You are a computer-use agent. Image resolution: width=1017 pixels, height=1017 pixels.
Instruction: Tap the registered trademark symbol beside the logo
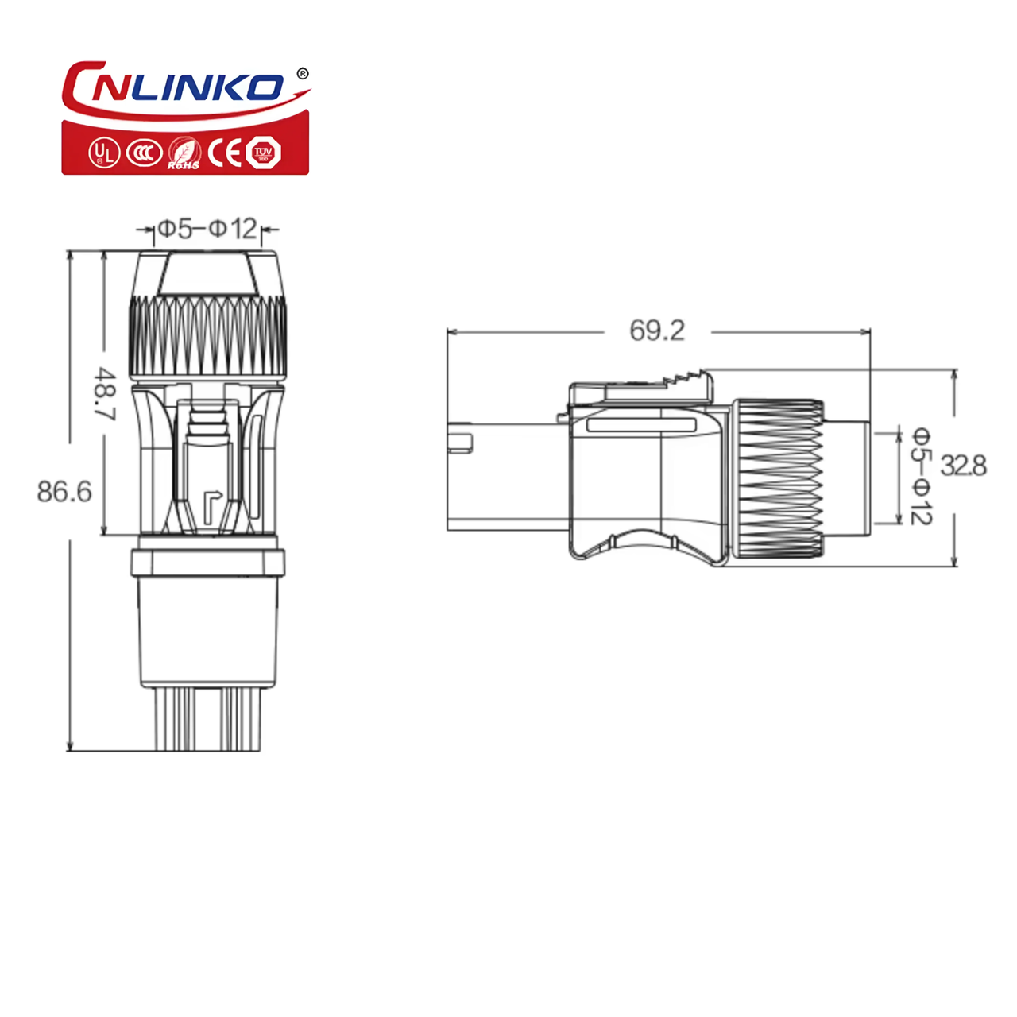pyautogui.click(x=301, y=74)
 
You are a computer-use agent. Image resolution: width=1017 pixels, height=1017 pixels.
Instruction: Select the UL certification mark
pyautogui.click(x=103, y=153)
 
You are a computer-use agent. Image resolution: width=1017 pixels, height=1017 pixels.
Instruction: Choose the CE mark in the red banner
pyautogui.click(x=225, y=153)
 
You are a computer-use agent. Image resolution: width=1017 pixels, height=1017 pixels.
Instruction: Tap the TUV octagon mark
pyautogui.click(x=263, y=153)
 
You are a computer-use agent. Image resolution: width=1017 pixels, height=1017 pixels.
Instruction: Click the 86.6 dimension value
pyautogui.click(x=64, y=492)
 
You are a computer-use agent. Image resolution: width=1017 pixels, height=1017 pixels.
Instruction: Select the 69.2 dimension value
pyautogui.click(x=657, y=330)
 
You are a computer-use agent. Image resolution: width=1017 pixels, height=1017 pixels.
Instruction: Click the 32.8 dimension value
pyautogui.click(x=963, y=466)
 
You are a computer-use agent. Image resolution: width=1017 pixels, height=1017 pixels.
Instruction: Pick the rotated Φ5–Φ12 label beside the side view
pyautogui.click(x=920, y=475)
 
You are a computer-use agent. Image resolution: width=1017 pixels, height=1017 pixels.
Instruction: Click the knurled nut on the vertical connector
pyautogui.click(x=207, y=336)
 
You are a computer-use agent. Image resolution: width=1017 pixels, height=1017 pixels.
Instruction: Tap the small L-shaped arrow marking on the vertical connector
pyautogui.click(x=211, y=502)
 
